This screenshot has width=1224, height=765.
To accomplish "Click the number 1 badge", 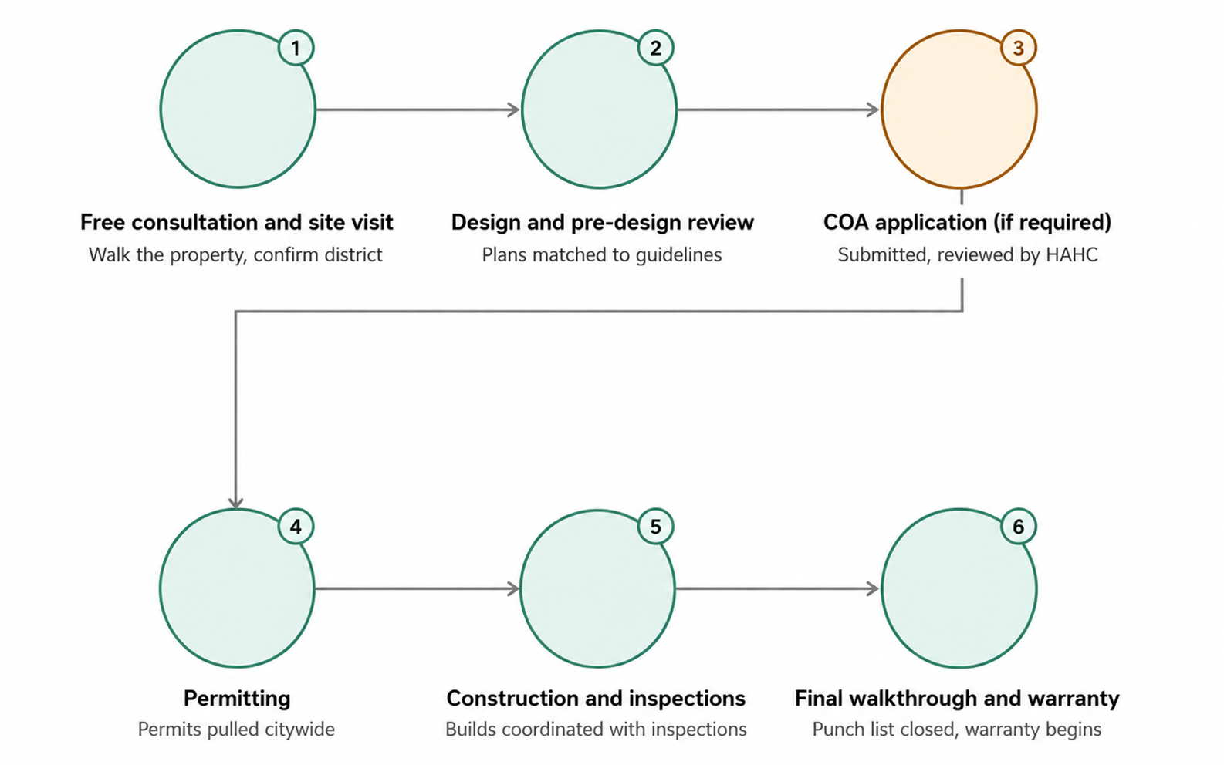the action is tap(296, 48).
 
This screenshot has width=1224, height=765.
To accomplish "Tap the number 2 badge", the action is tap(656, 48).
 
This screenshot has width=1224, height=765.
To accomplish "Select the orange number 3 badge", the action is tap(1019, 48).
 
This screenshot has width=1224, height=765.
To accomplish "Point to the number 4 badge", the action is tap(296, 527).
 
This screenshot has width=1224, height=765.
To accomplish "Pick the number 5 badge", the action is tap(656, 527).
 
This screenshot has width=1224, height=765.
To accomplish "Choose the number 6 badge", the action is tap(1019, 527).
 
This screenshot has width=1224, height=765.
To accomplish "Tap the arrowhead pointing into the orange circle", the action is tap(873, 110).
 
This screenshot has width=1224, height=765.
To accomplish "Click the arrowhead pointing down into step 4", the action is tap(235, 502).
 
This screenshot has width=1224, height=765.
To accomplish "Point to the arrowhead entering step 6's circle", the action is tap(873, 588).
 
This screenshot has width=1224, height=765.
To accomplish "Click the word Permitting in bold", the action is tap(237, 699).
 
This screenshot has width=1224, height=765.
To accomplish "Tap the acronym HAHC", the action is tap(1071, 255).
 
